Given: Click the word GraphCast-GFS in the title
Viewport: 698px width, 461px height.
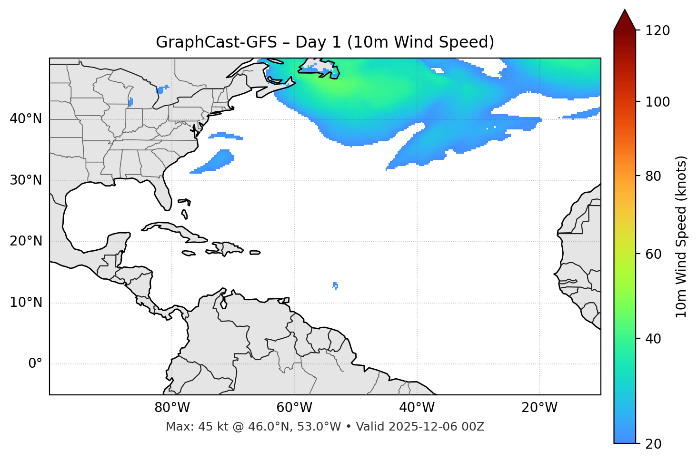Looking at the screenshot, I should click(216, 42).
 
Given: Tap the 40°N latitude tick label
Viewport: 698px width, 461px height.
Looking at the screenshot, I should click(26, 119).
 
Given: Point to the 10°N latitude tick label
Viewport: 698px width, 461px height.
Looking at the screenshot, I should click(26, 303).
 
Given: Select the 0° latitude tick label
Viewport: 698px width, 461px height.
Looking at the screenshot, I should click(35, 364).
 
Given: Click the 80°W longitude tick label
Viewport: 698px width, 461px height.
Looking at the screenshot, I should click(172, 408).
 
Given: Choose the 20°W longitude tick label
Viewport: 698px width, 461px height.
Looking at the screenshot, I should click(539, 408).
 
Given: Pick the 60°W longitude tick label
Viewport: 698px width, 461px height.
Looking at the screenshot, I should click(294, 408).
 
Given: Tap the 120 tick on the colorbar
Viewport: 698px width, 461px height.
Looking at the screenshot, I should click(658, 31).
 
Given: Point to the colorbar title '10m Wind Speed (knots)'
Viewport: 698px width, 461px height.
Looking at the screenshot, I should click(681, 236).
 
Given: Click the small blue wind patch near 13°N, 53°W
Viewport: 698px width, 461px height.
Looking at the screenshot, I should click(336, 285).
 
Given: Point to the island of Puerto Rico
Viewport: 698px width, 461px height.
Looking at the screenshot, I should click(255, 253).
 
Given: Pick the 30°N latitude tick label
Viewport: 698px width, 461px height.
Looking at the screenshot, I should click(26, 180).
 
